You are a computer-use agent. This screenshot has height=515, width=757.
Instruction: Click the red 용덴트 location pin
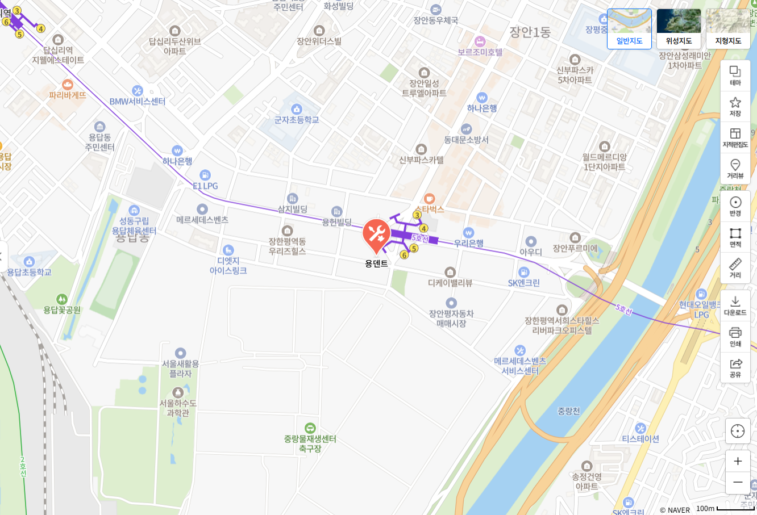376,233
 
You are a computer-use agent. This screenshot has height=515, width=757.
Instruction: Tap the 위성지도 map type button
679,28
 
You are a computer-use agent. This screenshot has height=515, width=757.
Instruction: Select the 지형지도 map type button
728,28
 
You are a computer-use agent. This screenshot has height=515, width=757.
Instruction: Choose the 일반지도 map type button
629,28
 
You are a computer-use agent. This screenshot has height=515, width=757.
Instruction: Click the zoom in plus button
738,461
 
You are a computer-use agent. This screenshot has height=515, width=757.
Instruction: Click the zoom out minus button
738,483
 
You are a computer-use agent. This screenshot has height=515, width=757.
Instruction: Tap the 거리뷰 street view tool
735,168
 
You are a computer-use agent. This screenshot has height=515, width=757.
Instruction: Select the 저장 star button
735,106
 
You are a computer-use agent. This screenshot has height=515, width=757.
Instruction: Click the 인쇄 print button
735,336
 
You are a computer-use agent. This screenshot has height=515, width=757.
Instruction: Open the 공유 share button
735,367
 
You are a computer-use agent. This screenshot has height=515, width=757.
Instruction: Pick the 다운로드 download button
735,305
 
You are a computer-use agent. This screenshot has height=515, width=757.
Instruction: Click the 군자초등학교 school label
297,120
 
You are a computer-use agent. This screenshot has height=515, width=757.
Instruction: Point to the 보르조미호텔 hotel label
480,52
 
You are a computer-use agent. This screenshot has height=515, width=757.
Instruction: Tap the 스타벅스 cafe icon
430,199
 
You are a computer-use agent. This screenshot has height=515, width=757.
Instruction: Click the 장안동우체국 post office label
435,20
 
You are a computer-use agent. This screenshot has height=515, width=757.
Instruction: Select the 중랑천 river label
568,411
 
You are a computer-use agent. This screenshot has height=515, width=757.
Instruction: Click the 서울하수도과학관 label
178,408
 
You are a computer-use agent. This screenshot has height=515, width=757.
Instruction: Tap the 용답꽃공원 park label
62,310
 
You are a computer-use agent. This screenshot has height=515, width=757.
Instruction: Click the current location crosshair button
738,431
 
